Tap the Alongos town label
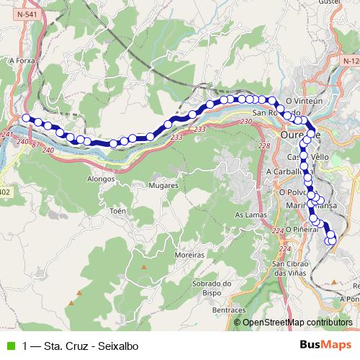click(x=101, y=178)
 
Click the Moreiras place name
click(x=190, y=255)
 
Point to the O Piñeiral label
click(x=302, y=229)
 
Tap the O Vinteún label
click(x=302, y=102)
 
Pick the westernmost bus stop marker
click(x=26, y=118)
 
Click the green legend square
click(x=10, y=346)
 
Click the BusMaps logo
click(x=325, y=345)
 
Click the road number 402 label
click(x=5, y=192)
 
